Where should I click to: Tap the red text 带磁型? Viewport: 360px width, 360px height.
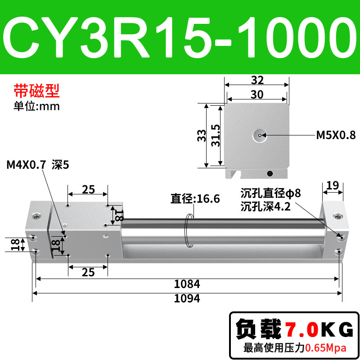point(37,91)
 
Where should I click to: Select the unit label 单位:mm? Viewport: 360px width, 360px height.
point(37,106)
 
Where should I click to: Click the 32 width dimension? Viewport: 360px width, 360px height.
point(257,80)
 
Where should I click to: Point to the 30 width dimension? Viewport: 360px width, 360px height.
point(257,94)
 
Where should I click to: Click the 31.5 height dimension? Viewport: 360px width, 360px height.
point(216,135)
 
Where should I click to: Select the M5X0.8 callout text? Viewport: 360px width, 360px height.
point(336,135)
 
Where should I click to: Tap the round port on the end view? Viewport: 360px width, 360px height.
point(260,135)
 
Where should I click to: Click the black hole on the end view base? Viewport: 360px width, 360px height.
point(270,174)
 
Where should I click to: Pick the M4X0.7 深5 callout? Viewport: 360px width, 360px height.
point(38,165)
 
